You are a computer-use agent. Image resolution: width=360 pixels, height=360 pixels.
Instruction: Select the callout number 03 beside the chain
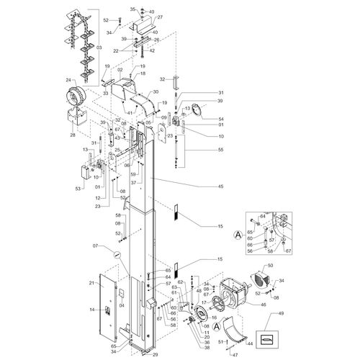[x=99, y=47]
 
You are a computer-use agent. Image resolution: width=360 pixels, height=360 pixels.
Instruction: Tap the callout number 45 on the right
[x=220, y=186]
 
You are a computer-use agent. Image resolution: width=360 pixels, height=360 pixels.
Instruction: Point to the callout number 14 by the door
[x=91, y=310]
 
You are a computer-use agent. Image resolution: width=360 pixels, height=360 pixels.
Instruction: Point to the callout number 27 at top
[x=160, y=17]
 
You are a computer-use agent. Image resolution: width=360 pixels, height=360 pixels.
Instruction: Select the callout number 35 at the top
[x=132, y=8]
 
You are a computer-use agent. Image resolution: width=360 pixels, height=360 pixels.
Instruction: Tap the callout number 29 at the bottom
[x=155, y=355]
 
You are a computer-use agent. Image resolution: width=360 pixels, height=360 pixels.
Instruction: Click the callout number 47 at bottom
[x=234, y=355]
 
